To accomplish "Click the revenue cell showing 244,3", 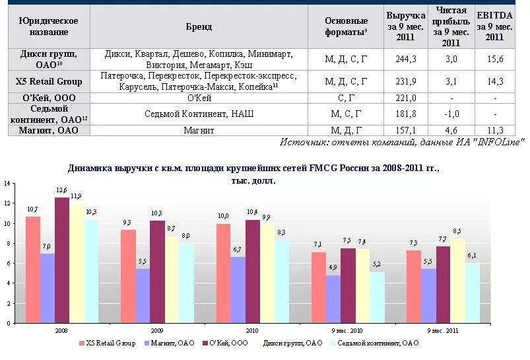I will (x=406, y=59).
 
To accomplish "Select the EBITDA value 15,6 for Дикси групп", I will (x=494, y=59).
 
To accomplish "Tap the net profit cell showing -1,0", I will (x=451, y=114).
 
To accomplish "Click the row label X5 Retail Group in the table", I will (x=49, y=81).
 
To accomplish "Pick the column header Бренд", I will (x=199, y=26).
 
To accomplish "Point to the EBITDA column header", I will (x=494, y=26).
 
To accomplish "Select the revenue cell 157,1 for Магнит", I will (x=406, y=130).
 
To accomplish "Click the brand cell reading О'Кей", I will (x=199, y=98).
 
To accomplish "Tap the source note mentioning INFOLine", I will (x=401, y=142).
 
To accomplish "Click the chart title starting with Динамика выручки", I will (x=253, y=169).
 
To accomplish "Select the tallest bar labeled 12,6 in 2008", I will (x=62, y=260).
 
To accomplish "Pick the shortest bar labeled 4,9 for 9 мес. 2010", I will (x=334, y=299).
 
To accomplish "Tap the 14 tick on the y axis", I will (x=7, y=183).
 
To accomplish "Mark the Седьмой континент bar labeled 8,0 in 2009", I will (x=186, y=283).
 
